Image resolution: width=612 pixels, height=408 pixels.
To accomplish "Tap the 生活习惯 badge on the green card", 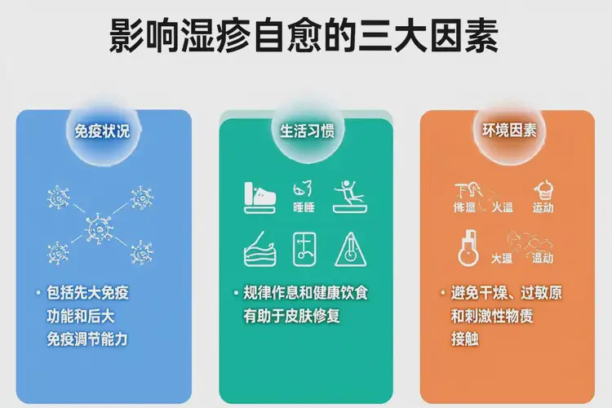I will pos(306,131).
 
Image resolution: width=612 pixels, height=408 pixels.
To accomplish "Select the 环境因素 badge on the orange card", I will pos(509,131).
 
